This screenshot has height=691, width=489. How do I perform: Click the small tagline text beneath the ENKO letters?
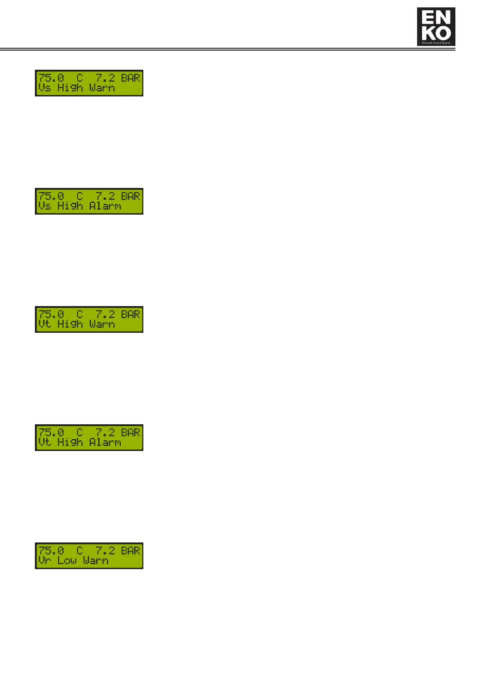tap(436, 43)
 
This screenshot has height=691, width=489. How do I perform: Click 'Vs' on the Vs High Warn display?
tap(45, 88)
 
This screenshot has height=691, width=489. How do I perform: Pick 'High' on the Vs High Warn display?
tap(70, 88)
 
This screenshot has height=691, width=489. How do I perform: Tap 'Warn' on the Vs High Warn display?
tap(102, 88)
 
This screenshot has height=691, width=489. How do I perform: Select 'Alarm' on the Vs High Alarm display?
tap(105, 206)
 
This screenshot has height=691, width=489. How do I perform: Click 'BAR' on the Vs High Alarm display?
tap(131, 196)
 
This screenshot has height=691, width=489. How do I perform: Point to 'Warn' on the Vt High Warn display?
tap(102, 324)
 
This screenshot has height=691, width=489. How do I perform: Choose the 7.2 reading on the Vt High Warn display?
tap(105, 314)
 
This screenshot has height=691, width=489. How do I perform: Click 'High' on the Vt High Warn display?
tap(70, 324)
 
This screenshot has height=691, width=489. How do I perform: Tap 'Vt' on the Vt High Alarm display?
tap(45, 442)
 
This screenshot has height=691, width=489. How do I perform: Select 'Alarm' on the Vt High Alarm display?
tap(105, 442)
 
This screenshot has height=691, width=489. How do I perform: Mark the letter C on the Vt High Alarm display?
tap(80, 432)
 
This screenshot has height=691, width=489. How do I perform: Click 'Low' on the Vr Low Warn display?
tap(67, 561)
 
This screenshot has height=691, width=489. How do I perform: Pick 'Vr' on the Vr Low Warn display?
tap(45, 561)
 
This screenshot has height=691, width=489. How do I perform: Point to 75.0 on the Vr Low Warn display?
tap(51, 551)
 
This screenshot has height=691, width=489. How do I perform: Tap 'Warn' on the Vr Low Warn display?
tap(96, 561)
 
